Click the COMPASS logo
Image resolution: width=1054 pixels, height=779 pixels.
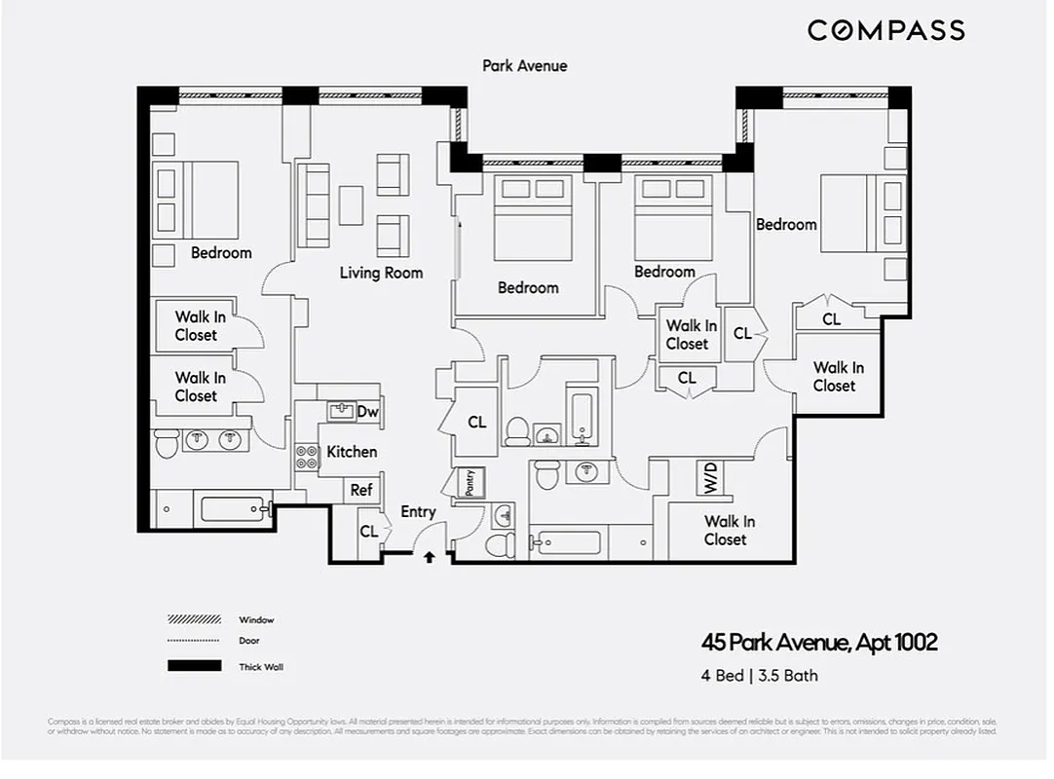pos(885,30)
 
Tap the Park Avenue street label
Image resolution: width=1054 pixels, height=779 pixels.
pos(524,65)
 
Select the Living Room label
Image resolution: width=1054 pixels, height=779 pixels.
pos(381,273)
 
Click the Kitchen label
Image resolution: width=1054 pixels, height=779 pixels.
pos(351,451)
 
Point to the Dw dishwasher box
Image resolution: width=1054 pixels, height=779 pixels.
pos(367,412)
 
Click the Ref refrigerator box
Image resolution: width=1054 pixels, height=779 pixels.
pos(361,490)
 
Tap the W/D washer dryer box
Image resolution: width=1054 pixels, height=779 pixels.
pos(708,476)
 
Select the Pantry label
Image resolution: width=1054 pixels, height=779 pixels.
pos(470,482)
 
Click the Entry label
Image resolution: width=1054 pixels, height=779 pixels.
pos(418,511)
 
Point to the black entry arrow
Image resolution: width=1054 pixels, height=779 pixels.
pos(429,557)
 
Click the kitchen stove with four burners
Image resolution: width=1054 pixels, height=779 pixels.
pos(308,458)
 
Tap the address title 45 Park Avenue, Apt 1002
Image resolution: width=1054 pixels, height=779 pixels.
pos(819,643)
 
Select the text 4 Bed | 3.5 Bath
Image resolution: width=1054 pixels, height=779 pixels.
pos(759,675)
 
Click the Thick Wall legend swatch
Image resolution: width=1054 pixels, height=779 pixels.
pos(195,667)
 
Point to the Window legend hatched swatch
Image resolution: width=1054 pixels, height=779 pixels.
pos(195,619)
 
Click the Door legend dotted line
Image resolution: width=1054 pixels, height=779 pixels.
pos(195,641)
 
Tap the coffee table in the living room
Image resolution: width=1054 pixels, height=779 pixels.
pos(351,205)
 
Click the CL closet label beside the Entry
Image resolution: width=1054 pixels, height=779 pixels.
pos(368,532)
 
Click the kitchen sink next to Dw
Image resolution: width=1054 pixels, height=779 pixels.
pos(340,411)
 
